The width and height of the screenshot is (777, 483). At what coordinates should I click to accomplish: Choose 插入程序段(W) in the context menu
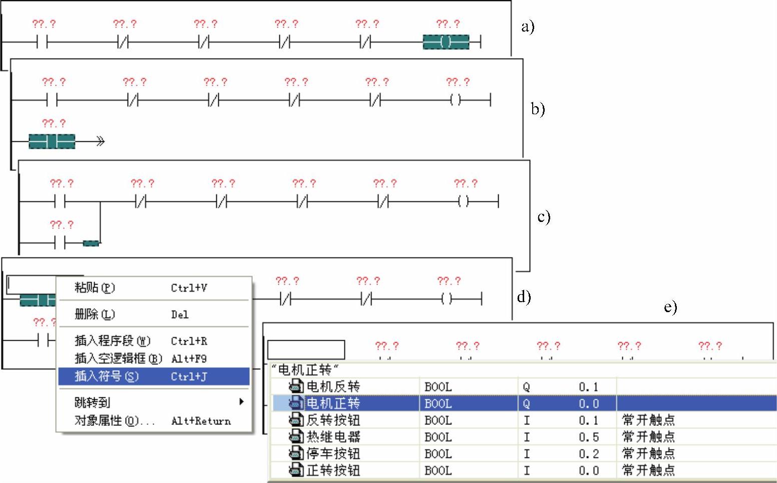point(113,341)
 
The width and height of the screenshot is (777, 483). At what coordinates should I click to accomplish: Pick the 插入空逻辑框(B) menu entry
point(119,358)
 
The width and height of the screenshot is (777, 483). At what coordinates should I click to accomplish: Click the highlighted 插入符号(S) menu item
point(107,376)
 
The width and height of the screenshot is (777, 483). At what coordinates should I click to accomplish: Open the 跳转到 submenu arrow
point(241,402)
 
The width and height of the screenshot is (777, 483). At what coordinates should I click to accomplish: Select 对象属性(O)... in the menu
point(115,420)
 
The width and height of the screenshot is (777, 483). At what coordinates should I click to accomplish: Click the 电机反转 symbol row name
point(333,386)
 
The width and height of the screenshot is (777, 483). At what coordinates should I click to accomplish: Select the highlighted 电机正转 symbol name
point(333,403)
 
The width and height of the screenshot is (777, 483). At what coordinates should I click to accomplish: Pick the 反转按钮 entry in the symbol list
point(333,420)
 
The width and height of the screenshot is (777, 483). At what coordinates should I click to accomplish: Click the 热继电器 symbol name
point(333,437)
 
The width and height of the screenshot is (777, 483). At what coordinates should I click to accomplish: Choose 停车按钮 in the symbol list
point(333,453)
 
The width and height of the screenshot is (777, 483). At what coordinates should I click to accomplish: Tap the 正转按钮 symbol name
point(333,470)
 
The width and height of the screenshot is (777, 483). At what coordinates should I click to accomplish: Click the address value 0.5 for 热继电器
point(588,437)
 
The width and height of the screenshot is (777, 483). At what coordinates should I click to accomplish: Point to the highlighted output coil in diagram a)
point(446,42)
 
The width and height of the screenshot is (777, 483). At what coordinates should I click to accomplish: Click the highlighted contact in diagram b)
point(52,142)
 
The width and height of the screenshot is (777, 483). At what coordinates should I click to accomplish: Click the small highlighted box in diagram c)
point(91,244)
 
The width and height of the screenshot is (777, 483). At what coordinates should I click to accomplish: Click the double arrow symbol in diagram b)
point(100,142)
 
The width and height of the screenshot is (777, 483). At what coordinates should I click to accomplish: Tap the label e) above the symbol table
point(670,307)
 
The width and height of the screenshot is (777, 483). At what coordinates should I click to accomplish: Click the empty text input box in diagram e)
point(306,349)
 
